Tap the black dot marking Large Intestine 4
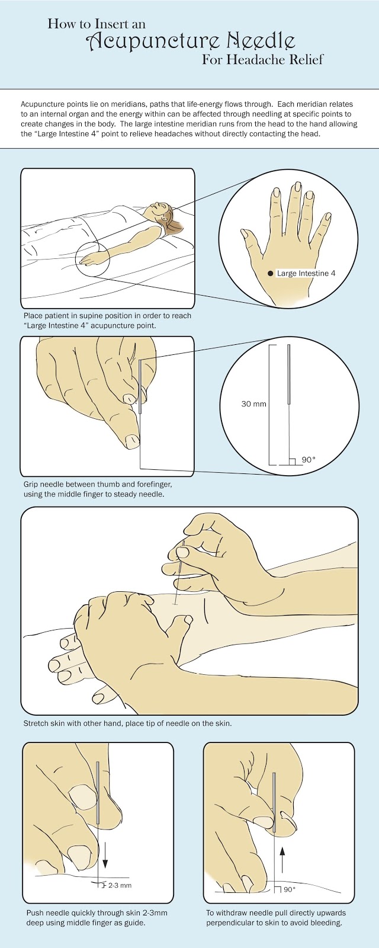[270, 273]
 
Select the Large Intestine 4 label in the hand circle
[306, 273]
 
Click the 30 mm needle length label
[254, 403]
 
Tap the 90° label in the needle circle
[309, 459]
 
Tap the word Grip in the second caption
[30, 484]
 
